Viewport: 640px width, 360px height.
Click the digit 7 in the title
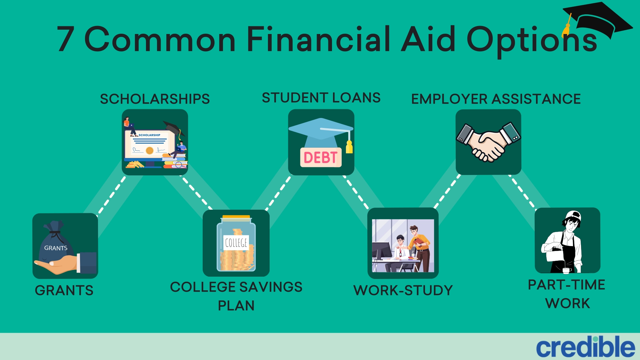(x=66, y=39)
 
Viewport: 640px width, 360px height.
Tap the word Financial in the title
(x=318, y=39)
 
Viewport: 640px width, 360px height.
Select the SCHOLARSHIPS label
(x=155, y=99)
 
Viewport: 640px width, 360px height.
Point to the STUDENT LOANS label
(x=321, y=98)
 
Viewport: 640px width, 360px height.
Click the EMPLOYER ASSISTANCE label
(x=496, y=99)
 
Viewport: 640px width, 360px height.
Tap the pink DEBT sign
(x=321, y=157)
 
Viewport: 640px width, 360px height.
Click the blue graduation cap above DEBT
(x=320, y=132)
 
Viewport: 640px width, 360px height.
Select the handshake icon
(x=488, y=142)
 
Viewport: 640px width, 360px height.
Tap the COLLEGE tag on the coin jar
(x=236, y=242)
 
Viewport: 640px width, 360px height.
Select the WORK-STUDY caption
(x=403, y=290)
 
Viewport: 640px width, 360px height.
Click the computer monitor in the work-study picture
(x=382, y=250)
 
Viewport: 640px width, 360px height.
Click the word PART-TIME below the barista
(x=567, y=285)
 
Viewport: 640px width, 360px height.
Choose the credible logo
(x=586, y=347)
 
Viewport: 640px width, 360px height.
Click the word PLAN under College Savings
(x=236, y=306)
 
